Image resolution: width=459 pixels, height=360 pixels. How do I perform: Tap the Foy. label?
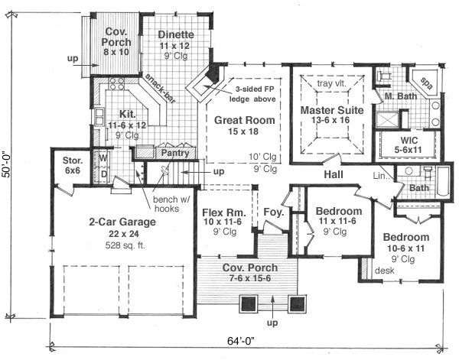tap(273, 212)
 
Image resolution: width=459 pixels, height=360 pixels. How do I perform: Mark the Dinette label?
tap(178, 35)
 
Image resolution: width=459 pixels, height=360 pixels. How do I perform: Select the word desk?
tap(382, 271)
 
